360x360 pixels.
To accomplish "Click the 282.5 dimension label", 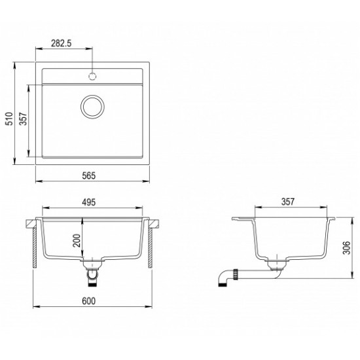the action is pyautogui.click(x=62, y=43).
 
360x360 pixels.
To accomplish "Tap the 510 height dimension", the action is pyautogui.click(x=9, y=118).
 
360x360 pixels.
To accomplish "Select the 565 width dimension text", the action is pyautogui.click(x=88, y=175).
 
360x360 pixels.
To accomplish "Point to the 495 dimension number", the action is pyautogui.click(x=89, y=202).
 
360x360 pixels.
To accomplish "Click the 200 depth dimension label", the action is pyautogui.click(x=77, y=240).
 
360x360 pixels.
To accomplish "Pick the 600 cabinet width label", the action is pyautogui.click(x=88, y=301).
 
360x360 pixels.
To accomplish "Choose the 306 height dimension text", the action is pyautogui.click(x=346, y=247).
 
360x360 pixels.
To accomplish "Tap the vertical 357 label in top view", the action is pyautogui.click(x=23, y=118).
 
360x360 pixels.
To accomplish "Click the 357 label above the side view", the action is pyautogui.click(x=288, y=202).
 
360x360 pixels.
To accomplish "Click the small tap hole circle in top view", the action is pyautogui.click(x=92, y=76).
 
